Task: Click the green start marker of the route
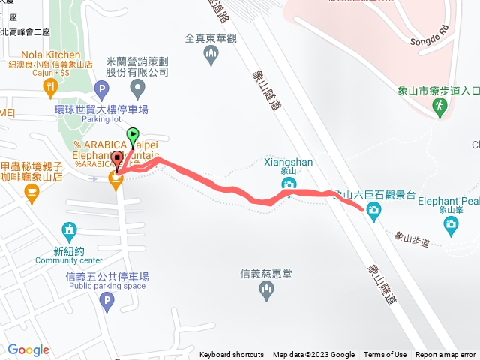[133, 136]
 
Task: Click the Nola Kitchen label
[51, 55]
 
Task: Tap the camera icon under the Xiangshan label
[289, 185]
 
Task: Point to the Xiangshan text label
[289, 161]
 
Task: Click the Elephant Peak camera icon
[450, 223]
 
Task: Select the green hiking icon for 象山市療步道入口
[439, 109]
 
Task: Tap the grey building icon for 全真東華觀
[211, 52]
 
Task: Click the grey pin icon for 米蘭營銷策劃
[137, 90]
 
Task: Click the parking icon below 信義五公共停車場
[106, 302]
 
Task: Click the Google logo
[28, 349]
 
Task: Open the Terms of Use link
[385, 355]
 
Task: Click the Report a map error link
[445, 355]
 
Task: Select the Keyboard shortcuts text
[232, 355]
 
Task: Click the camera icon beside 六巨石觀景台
[373, 211]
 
